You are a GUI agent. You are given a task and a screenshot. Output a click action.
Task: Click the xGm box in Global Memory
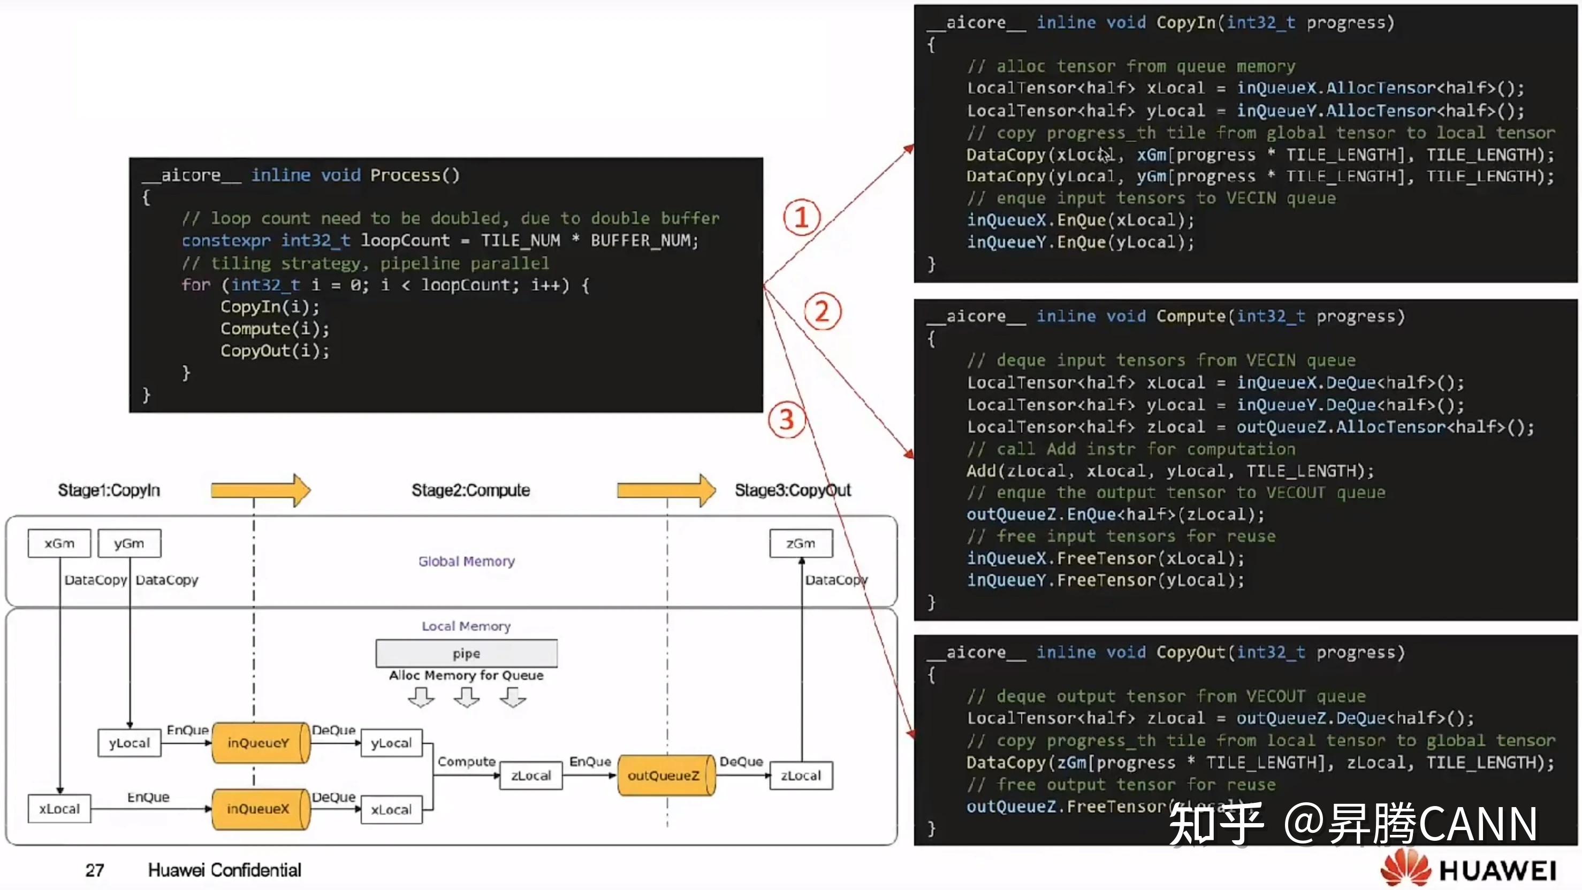pyautogui.click(x=59, y=543)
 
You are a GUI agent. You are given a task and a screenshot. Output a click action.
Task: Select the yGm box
pyautogui.click(x=129, y=543)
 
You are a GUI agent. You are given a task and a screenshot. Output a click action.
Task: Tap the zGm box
pyautogui.click(x=801, y=543)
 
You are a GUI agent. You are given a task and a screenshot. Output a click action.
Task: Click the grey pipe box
pyautogui.click(x=466, y=654)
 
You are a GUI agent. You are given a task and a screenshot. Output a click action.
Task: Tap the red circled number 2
pyautogui.click(x=823, y=312)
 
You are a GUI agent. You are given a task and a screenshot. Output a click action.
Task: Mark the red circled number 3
pyautogui.click(x=787, y=420)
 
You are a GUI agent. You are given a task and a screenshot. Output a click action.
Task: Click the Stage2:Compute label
pyautogui.click(x=470, y=490)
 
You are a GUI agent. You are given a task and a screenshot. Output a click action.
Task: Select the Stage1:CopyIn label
pyautogui.click(x=109, y=490)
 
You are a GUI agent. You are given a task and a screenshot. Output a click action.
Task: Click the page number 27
pyautogui.click(x=95, y=870)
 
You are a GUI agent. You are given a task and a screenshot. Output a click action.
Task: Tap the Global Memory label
pyautogui.click(x=466, y=561)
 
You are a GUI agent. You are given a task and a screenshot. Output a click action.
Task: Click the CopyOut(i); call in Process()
pyautogui.click(x=275, y=350)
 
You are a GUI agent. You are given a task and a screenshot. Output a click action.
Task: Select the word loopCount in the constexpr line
pyautogui.click(x=405, y=241)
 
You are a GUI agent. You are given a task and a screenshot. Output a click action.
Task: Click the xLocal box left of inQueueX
pyautogui.click(x=59, y=809)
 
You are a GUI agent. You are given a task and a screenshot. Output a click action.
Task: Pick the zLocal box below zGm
pyautogui.click(x=801, y=775)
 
